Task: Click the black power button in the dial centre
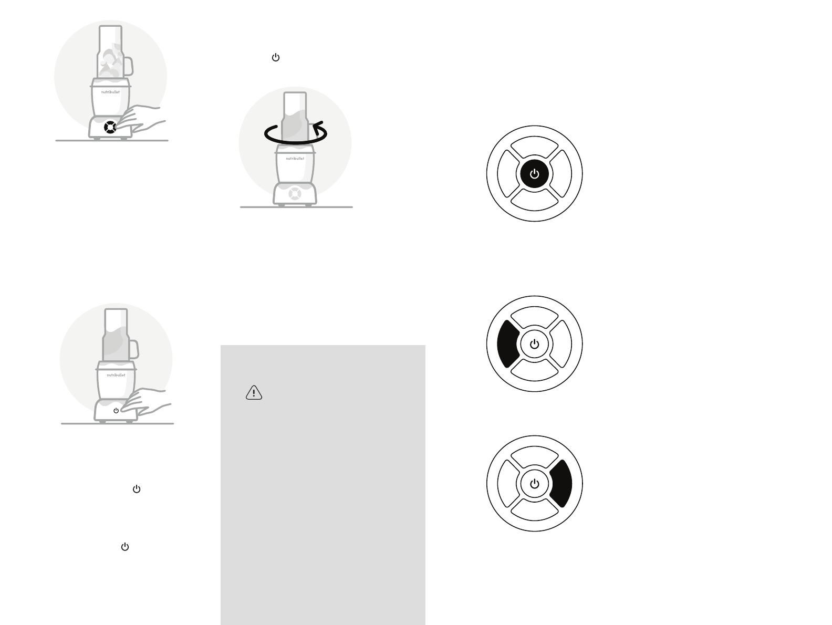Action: (534, 174)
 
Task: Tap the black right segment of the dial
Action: (561, 484)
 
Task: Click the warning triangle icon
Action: (254, 393)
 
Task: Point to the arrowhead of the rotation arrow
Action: (316, 126)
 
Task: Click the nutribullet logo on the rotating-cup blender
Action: (295, 158)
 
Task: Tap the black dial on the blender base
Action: (109, 127)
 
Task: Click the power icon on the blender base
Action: (116, 411)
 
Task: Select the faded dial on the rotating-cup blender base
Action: (295, 193)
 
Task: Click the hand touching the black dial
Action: (142, 119)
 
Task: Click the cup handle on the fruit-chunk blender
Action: (128, 66)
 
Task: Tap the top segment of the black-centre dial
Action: (534, 148)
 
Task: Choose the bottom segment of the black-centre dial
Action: (534, 200)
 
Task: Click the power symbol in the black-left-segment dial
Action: (534, 344)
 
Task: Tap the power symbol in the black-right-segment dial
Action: (534, 484)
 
